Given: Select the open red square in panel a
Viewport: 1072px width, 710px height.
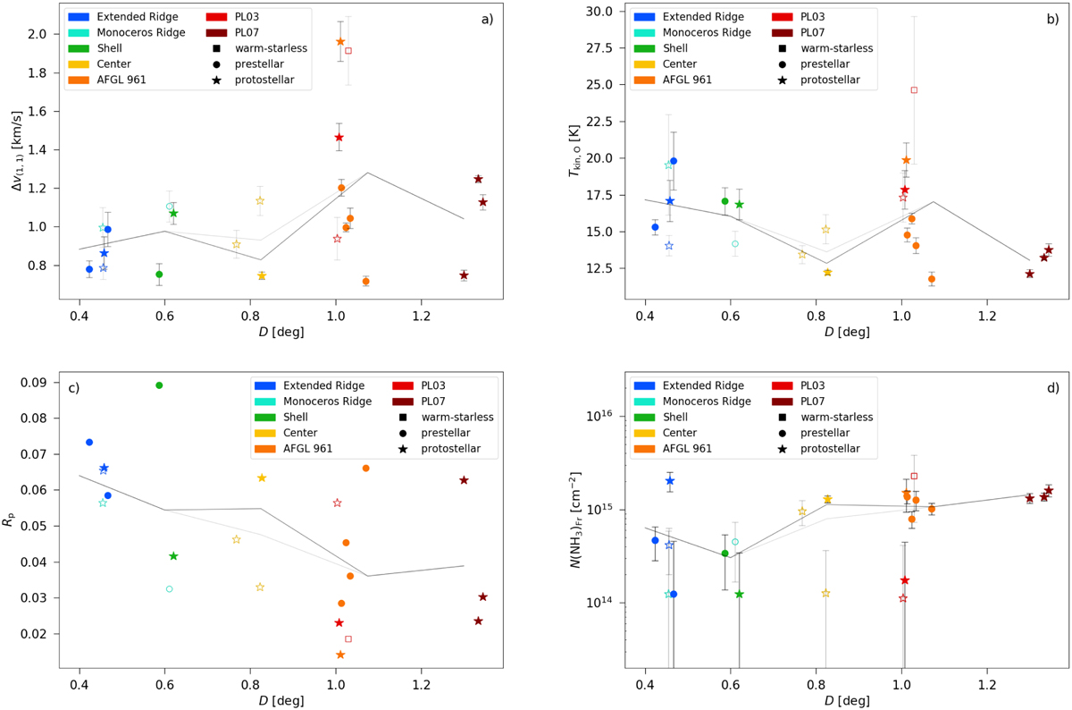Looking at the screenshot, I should point(348,51).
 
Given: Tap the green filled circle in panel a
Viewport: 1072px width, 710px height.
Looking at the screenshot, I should point(159,275).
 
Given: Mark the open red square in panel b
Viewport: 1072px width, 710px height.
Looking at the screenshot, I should point(914,90).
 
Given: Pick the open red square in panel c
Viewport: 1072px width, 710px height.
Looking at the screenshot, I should point(348,638).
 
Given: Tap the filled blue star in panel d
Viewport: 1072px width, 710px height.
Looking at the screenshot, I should point(670,481).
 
